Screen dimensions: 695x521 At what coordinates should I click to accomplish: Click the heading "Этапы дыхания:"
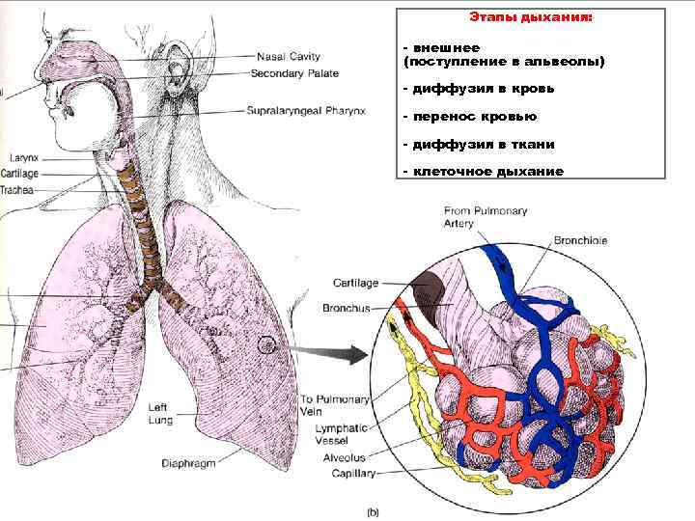click(532, 17)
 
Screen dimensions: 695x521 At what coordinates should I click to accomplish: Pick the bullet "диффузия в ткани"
click(478, 145)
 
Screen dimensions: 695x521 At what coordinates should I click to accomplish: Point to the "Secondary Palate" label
click(294, 73)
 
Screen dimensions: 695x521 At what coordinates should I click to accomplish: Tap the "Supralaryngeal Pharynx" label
click(306, 111)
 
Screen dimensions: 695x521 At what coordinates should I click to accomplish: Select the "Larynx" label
click(23, 156)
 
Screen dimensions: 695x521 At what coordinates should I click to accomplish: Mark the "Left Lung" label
click(159, 414)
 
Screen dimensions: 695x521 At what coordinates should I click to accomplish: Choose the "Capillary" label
click(353, 474)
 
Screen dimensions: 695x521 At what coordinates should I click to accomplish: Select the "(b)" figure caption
click(373, 512)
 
